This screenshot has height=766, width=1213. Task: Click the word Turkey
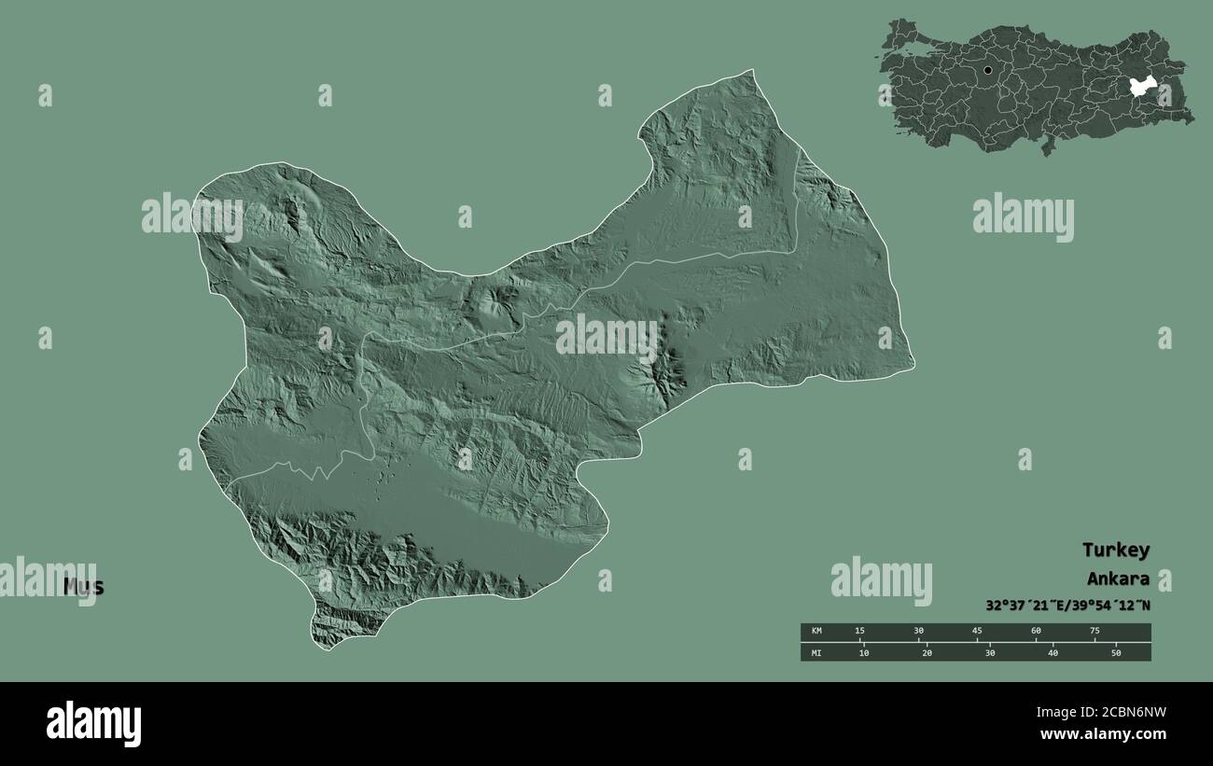coord(1115,550)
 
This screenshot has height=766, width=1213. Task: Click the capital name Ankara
coord(1117,578)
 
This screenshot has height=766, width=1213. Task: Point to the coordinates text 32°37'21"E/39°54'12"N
coord(1067,606)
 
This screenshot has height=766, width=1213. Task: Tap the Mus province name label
coord(84,587)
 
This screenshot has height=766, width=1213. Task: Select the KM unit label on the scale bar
coord(816,632)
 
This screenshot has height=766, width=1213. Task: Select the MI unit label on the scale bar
coord(816,653)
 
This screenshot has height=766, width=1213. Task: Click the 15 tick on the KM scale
coord(860,632)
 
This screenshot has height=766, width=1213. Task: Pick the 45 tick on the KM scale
coord(977,632)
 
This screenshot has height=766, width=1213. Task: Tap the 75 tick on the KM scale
coord(1094,632)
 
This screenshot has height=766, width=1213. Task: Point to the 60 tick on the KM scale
coord(1036,632)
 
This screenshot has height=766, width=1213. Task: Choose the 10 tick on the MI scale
coord(863,653)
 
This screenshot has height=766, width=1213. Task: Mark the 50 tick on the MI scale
coord(1115,653)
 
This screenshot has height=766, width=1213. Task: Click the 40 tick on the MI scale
coord(1053,653)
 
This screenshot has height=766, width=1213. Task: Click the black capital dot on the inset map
coord(987,70)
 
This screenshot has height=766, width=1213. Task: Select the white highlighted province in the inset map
coord(1142,87)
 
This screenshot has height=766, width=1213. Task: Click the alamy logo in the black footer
coord(93,723)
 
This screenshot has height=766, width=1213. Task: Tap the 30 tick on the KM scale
coord(919,632)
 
